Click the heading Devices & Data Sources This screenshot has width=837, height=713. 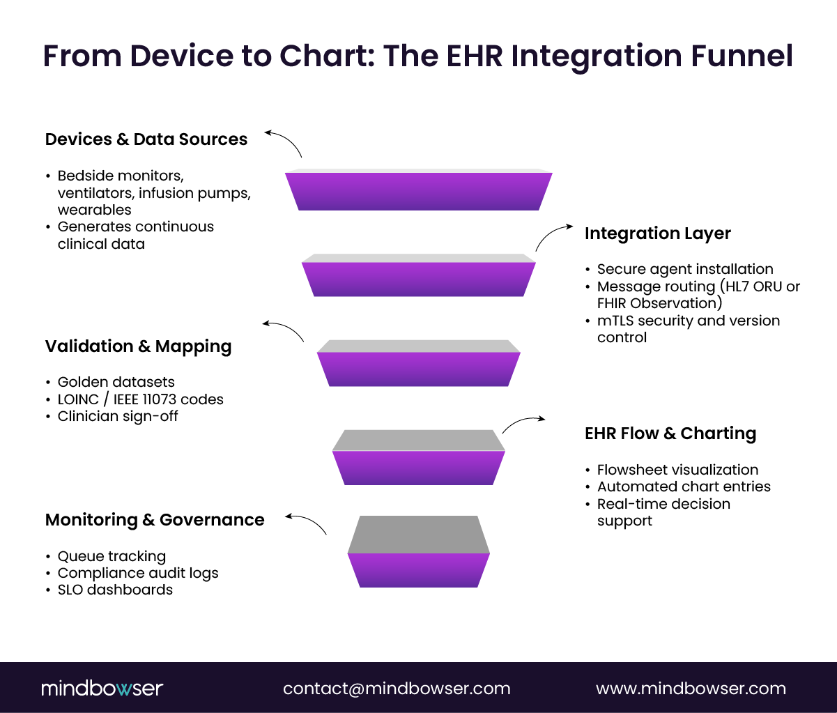click(x=146, y=139)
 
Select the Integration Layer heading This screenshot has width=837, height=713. click(x=657, y=233)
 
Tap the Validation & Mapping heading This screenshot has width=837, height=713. click(x=138, y=346)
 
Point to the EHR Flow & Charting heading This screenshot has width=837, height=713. click(x=670, y=434)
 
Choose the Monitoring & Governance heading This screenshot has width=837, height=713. click(x=155, y=520)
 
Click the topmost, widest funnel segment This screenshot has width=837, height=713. click(x=418, y=190)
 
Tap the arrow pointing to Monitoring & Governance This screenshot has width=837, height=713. click(x=306, y=523)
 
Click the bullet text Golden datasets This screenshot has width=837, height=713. click(x=116, y=382)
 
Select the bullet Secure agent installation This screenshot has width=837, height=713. click(x=684, y=269)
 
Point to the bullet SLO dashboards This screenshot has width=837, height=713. click(x=115, y=590)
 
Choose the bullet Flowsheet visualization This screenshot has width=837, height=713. click(x=677, y=470)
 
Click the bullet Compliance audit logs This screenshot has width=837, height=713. click(x=138, y=573)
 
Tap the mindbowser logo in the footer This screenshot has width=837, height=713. click(x=102, y=689)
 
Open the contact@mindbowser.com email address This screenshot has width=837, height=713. click(x=397, y=689)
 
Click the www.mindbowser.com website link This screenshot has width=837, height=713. click(x=691, y=689)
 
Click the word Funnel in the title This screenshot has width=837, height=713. click(x=743, y=56)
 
